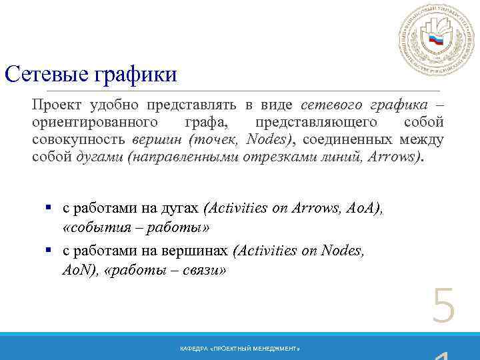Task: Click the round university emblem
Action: [435, 39]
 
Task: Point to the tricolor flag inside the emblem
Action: [436, 40]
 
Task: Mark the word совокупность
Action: [79, 139]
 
